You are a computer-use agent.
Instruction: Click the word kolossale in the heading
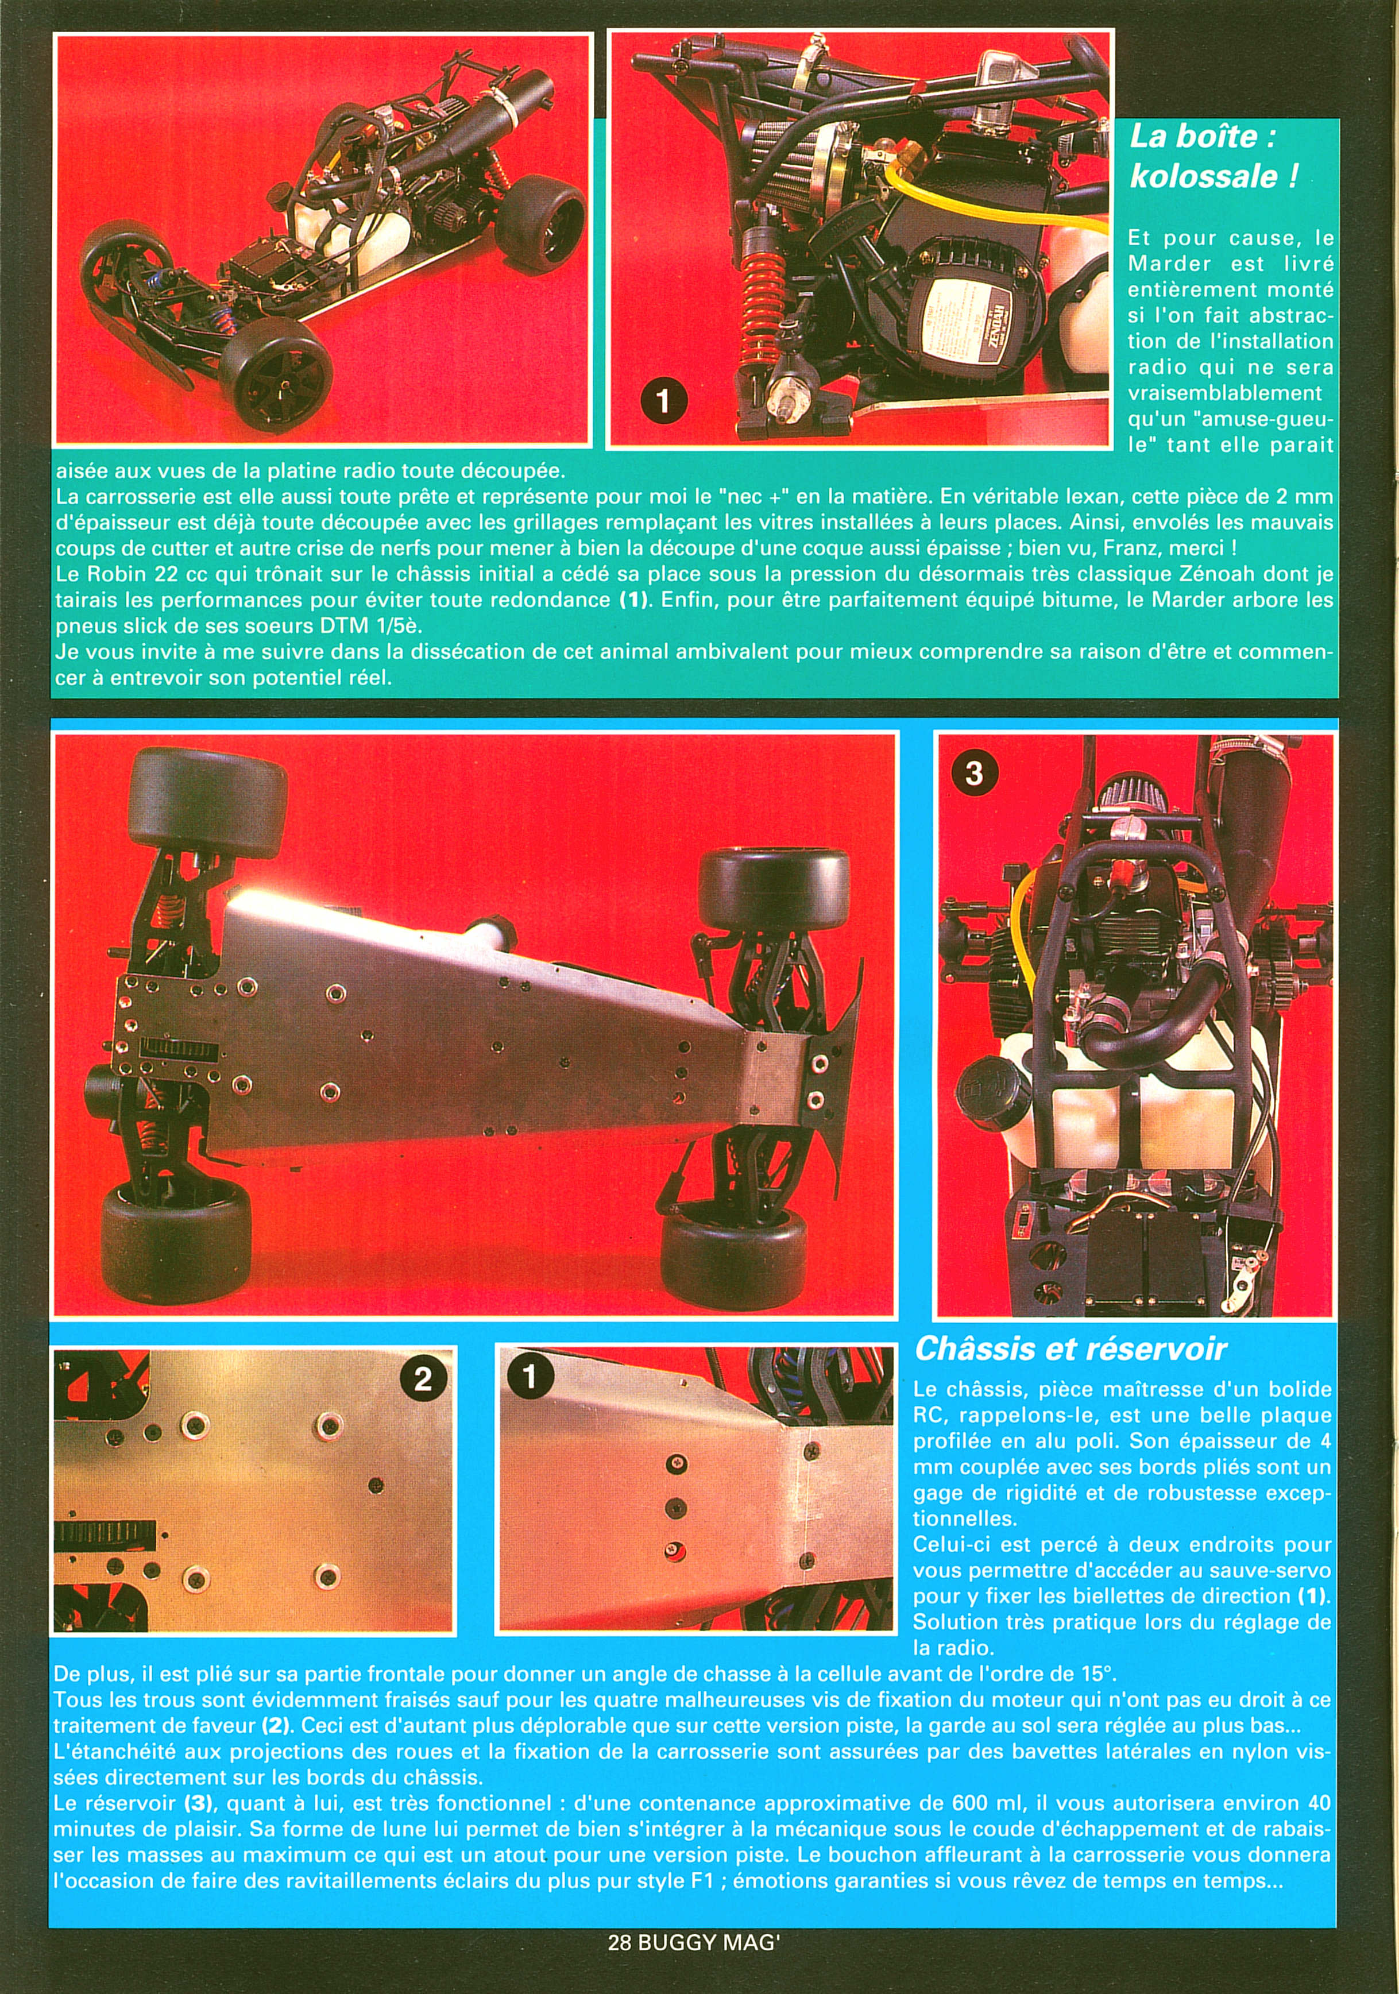tap(1202, 176)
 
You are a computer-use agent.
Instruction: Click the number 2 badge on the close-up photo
tap(423, 1378)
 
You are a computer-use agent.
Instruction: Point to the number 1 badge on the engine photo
tap(663, 402)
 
